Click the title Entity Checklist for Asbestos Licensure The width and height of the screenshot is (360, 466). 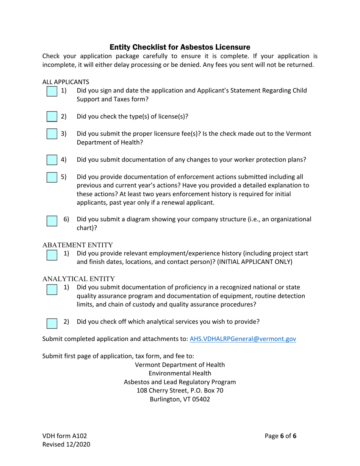coord(180,47)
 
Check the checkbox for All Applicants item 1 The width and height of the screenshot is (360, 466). coord(52,91)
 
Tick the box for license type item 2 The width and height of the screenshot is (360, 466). coord(52,117)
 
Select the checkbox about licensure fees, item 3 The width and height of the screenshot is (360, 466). coord(52,134)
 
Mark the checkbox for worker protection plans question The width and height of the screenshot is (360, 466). coord(52,160)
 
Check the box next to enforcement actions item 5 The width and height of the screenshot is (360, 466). coord(52,177)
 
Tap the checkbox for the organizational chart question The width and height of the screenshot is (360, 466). coord(52,221)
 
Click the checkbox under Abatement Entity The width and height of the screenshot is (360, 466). coord(52,255)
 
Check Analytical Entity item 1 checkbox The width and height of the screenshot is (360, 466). coord(52,289)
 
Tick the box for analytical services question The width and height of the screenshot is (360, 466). coord(52,323)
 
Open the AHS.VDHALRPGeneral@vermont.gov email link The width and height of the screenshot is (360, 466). coord(243,339)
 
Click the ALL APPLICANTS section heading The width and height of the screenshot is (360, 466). coord(66,82)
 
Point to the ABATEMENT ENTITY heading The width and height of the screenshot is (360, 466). coord(77,245)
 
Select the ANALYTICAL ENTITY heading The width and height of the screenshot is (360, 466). coord(78,279)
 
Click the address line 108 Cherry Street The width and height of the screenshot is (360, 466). coord(180,391)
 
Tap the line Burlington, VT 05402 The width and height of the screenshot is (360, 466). coord(180,399)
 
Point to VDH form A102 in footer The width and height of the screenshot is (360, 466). coord(61,436)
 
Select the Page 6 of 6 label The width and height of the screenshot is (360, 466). coord(280,436)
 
